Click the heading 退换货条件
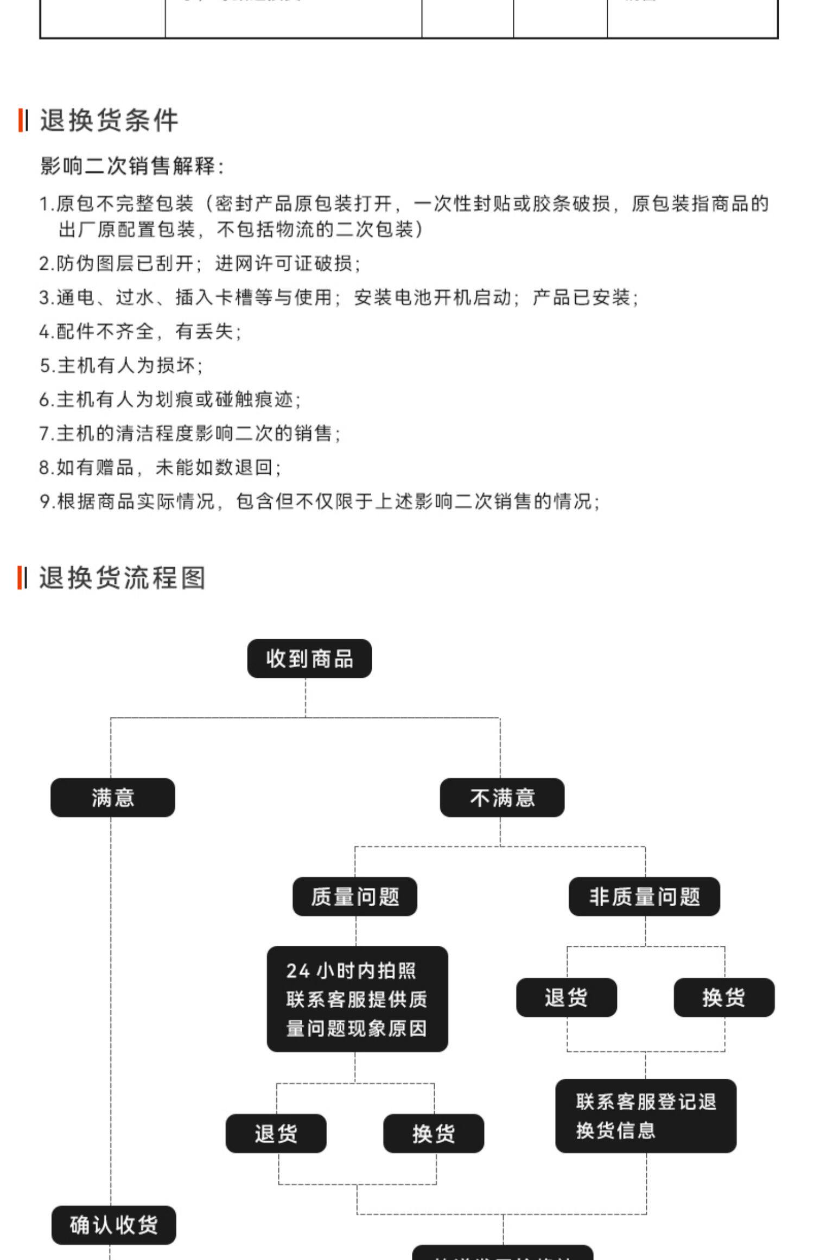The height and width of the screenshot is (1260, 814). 109,120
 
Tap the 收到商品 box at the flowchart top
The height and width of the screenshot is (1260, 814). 309,659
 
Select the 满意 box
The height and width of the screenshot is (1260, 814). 113,798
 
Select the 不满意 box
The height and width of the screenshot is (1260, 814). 502,798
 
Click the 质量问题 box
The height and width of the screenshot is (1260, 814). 355,896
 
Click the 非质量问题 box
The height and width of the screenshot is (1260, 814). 644,896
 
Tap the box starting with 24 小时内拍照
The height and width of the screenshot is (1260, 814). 357,999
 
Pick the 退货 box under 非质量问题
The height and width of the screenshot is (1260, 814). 567,997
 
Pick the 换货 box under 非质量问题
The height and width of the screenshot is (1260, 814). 724,997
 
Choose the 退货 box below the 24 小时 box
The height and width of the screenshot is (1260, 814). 276,1134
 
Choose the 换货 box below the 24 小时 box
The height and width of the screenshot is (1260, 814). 434,1134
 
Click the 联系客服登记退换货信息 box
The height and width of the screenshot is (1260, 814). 646,1116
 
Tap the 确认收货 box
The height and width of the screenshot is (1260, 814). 114,1225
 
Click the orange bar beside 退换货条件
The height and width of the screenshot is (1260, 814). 20,120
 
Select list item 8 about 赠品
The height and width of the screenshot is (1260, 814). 160,467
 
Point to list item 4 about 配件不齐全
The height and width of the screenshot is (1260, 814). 141,331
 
